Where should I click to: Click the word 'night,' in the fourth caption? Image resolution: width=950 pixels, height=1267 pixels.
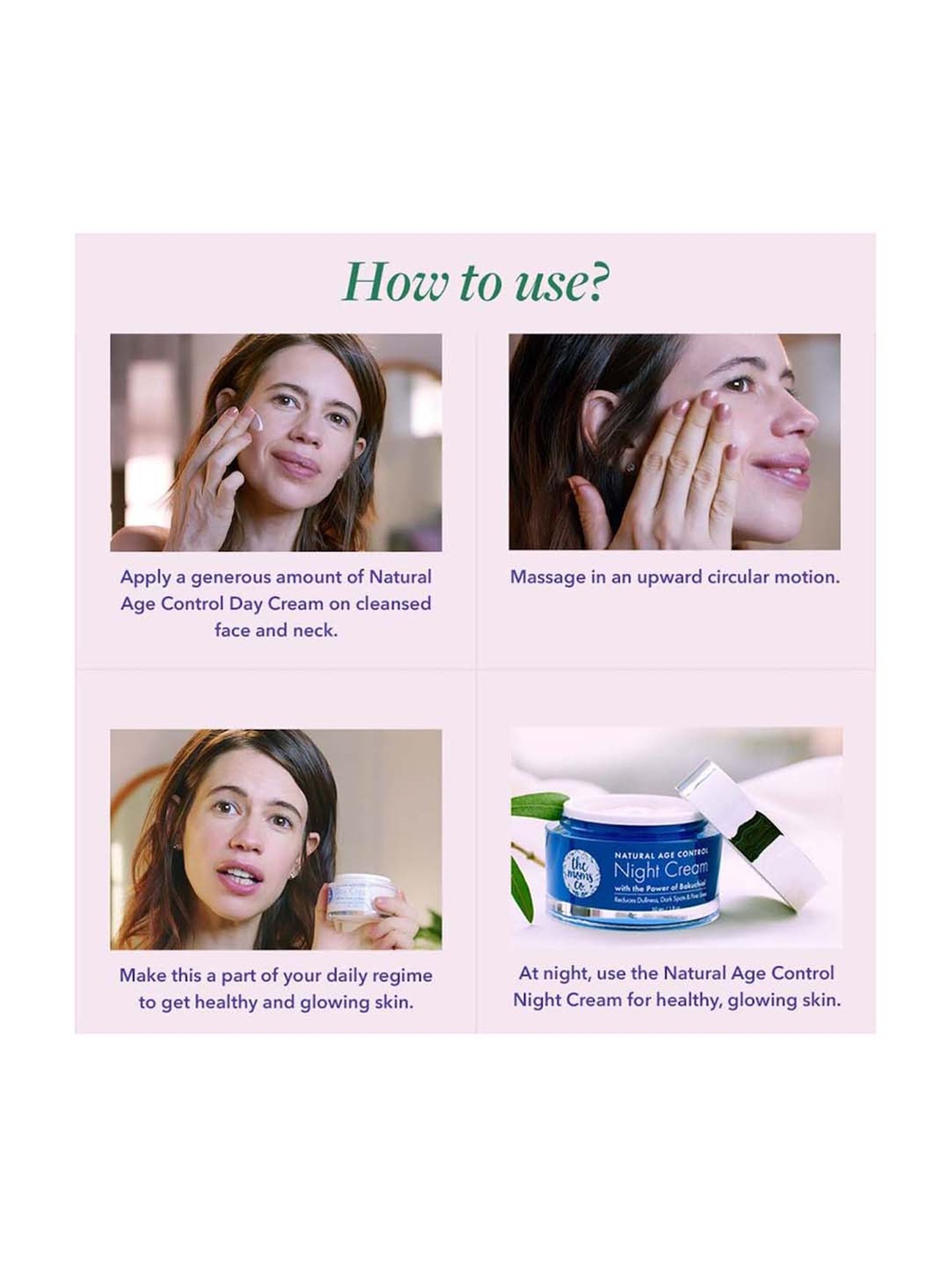[567, 973]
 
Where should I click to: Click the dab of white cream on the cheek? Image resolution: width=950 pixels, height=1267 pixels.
[258, 418]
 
